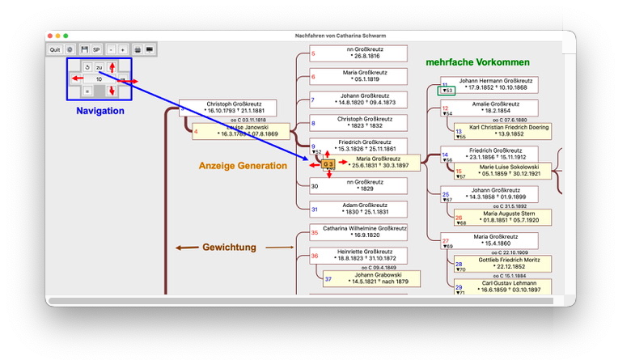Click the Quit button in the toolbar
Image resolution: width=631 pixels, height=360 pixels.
55,49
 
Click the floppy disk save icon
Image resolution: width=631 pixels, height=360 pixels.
84,49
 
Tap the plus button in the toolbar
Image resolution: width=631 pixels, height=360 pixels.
123,49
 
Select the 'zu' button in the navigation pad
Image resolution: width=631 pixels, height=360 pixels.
99,67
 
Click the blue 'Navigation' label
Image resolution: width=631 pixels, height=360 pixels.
100,111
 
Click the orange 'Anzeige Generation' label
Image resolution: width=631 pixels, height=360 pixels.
243,166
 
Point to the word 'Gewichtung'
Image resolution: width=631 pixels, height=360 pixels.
229,247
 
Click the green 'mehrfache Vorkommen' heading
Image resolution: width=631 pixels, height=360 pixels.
477,62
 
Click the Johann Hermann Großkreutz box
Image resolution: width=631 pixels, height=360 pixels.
495,84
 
